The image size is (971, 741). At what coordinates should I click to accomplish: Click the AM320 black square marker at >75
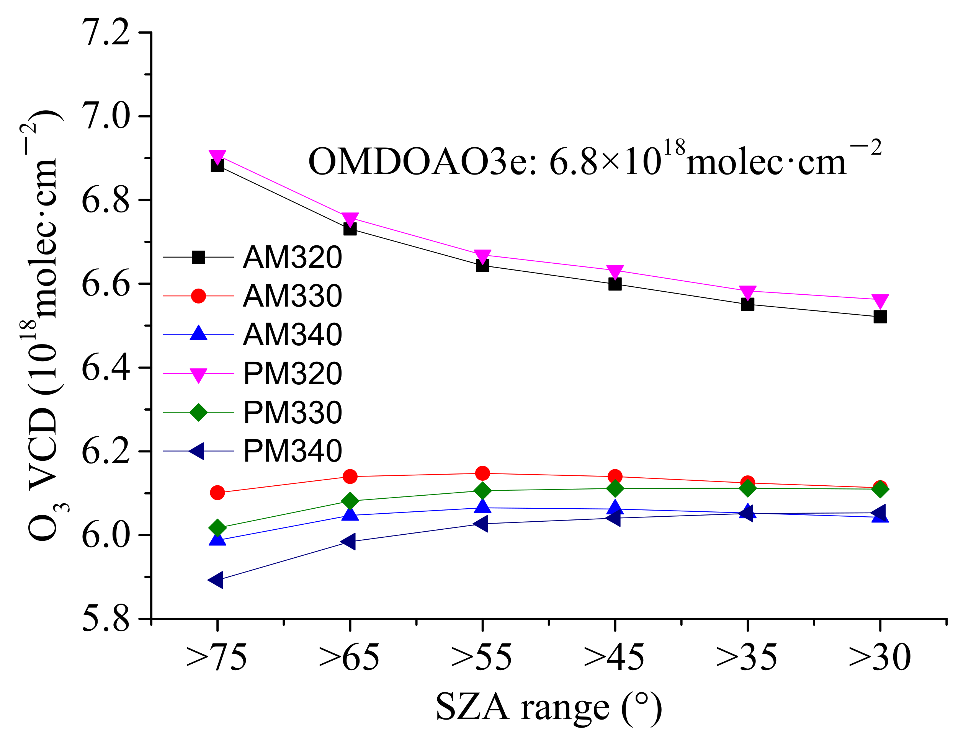tap(217, 166)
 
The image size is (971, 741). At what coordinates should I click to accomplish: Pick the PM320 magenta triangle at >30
tap(879, 301)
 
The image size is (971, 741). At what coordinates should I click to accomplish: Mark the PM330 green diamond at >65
tap(350, 501)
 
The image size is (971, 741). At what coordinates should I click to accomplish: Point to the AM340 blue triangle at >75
tap(217, 539)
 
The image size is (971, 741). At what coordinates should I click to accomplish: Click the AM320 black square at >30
tap(879, 317)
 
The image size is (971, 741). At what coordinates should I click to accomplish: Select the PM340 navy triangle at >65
tap(348, 541)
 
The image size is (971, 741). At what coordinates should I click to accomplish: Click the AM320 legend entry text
tap(292, 257)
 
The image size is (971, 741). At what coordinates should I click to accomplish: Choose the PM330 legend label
tap(292, 412)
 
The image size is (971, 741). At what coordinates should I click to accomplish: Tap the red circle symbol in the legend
tap(198, 296)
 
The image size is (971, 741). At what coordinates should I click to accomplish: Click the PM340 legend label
tap(292, 451)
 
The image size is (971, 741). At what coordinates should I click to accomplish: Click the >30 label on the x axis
tap(879, 657)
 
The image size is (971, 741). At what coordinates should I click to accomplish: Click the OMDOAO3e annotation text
tap(594, 160)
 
